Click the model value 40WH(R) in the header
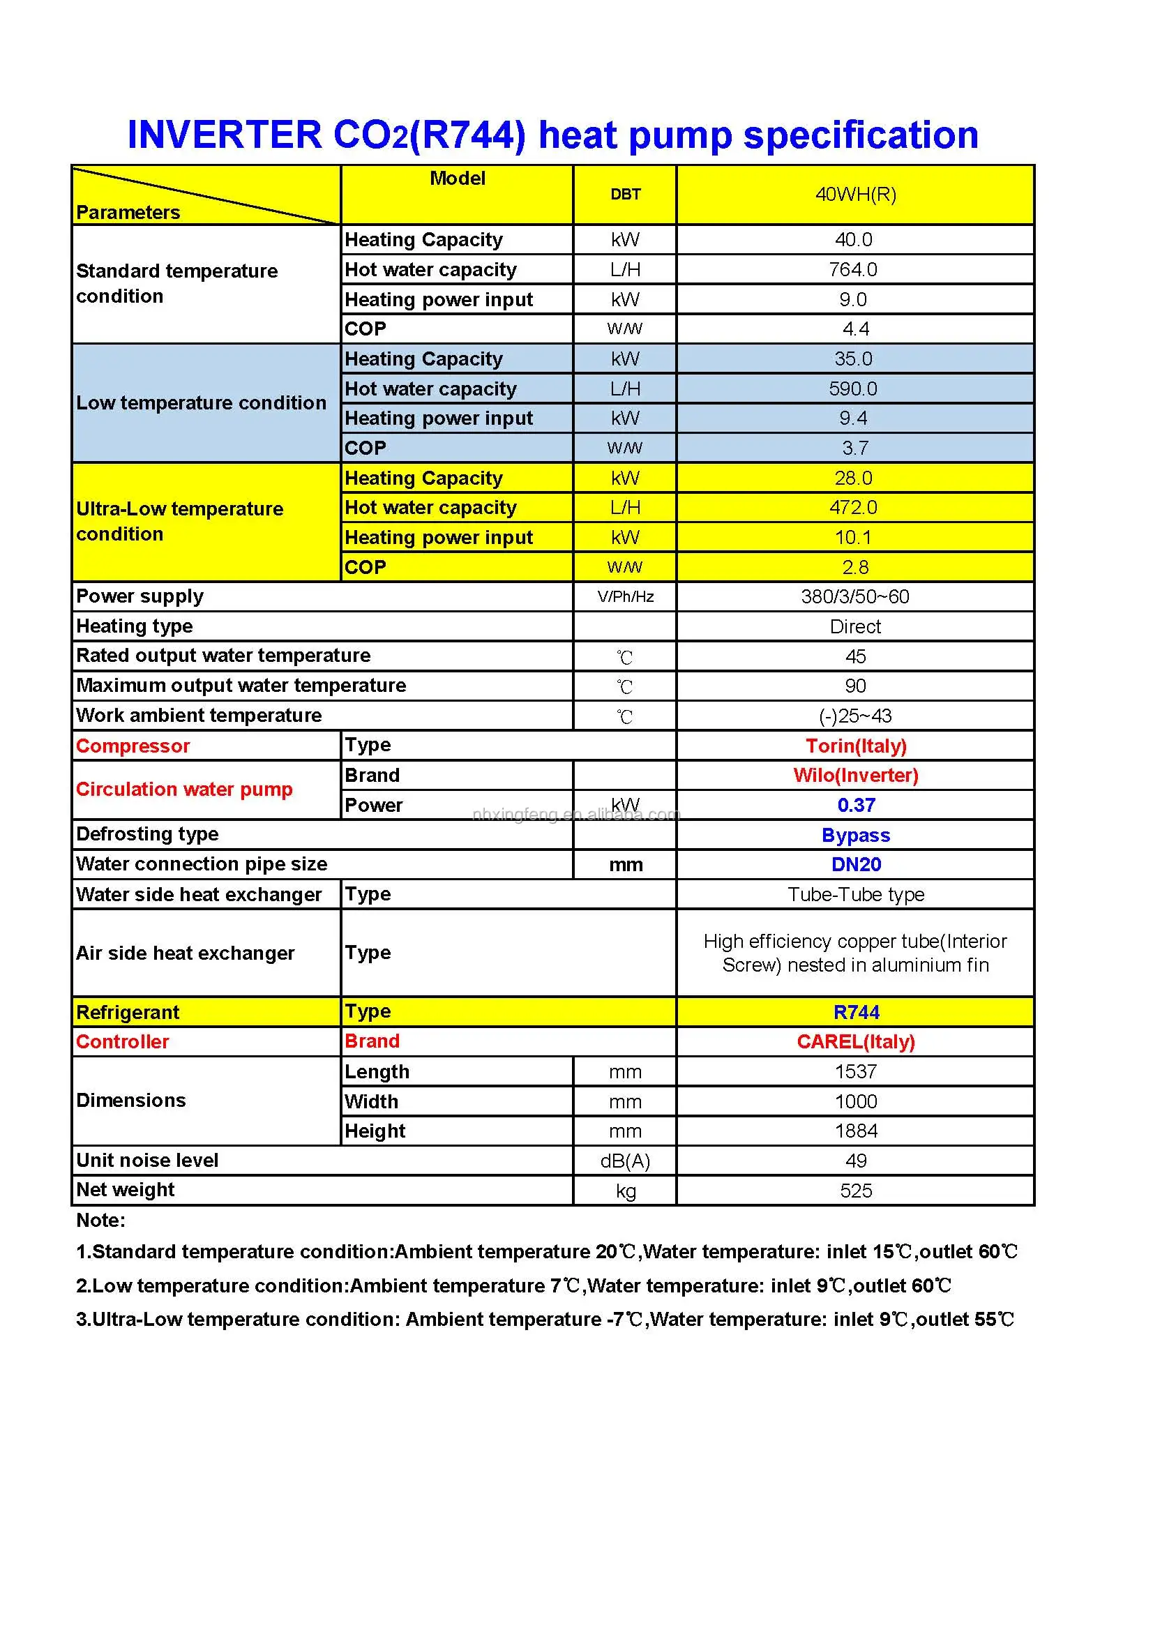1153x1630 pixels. [x=855, y=195]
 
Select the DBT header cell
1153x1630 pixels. [x=625, y=195]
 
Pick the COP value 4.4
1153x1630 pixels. [x=855, y=329]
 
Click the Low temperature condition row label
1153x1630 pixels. [x=201, y=402]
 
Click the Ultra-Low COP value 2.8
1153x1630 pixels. [x=855, y=567]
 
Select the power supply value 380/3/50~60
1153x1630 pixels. [x=855, y=596]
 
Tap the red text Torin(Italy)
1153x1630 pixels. [x=856, y=746]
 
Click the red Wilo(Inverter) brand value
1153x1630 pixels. [x=856, y=776]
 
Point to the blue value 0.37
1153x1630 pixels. [x=856, y=805]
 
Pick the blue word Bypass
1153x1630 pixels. [x=856, y=835]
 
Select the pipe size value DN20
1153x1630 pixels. [x=856, y=865]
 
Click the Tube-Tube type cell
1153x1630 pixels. [x=856, y=894]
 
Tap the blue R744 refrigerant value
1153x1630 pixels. [x=856, y=1012]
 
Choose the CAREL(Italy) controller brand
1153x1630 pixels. [x=856, y=1041]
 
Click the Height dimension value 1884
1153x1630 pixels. [x=856, y=1131]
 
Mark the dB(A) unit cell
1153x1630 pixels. [x=625, y=1161]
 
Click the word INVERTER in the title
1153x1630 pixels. [x=225, y=135]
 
